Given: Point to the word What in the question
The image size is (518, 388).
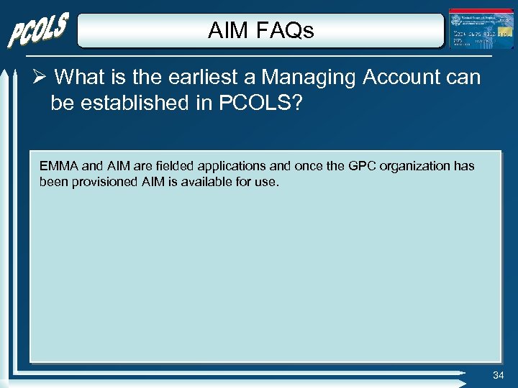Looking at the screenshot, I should pyautogui.click(x=80, y=77).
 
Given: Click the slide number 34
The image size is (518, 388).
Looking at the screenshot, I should pyautogui.click(x=499, y=376).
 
